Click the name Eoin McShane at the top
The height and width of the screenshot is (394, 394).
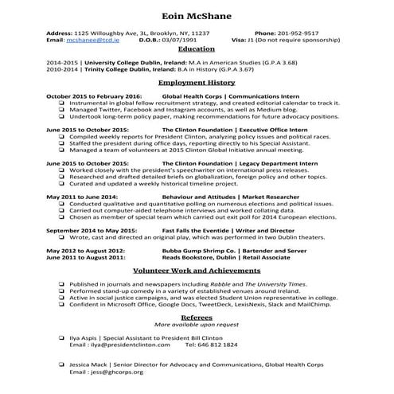(x=197, y=16)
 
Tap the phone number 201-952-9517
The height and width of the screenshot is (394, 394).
(x=298, y=33)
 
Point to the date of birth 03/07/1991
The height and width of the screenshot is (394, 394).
(x=177, y=39)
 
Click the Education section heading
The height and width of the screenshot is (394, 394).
(x=197, y=49)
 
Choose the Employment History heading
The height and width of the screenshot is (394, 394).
(x=197, y=82)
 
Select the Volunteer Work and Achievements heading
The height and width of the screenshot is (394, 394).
(x=197, y=271)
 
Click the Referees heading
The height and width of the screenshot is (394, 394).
(x=197, y=317)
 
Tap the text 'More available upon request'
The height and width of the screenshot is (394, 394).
(x=197, y=325)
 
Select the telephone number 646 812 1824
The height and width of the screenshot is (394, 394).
(x=217, y=345)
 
